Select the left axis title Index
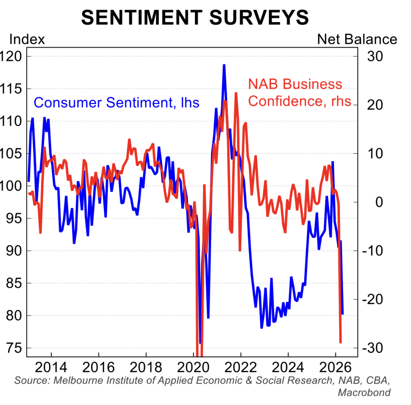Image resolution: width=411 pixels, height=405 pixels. click(x=27, y=39)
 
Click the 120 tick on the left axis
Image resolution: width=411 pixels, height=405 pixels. click(x=13, y=56)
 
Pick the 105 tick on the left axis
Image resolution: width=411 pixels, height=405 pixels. click(x=13, y=153)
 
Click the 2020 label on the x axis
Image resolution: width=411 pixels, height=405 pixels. click(x=193, y=367)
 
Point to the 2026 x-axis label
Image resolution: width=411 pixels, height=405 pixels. click(x=335, y=367)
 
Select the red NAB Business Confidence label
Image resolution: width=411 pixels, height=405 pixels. click(x=299, y=92)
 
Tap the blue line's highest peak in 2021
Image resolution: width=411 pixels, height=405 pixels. click(x=224, y=65)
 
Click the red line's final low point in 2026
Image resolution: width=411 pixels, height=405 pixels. click(x=341, y=342)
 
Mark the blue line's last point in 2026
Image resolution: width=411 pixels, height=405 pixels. click(x=342, y=313)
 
